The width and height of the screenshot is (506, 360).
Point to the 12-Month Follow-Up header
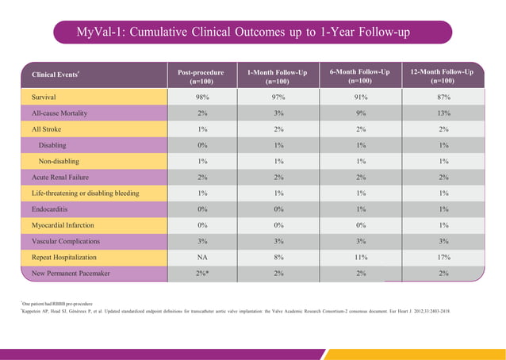click(x=443, y=76)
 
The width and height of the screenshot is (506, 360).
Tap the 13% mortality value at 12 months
click(x=443, y=113)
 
